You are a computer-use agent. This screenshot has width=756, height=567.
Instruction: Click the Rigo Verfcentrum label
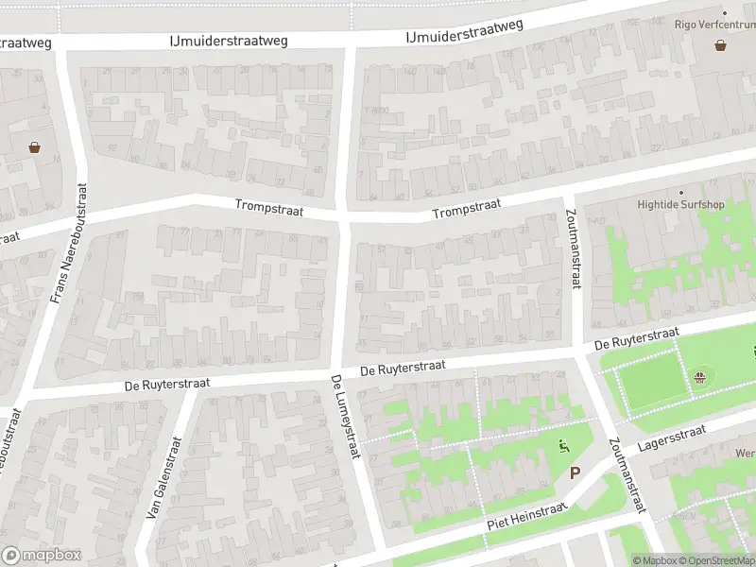(x=714, y=25)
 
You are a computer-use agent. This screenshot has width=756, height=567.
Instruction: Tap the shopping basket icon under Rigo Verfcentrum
(x=721, y=44)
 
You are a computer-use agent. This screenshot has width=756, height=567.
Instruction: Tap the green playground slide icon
(x=564, y=447)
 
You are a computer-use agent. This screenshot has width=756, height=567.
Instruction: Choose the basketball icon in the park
(x=700, y=380)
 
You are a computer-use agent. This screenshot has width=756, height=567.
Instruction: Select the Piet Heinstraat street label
(x=526, y=517)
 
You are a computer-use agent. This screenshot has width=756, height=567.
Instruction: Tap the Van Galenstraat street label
(x=163, y=477)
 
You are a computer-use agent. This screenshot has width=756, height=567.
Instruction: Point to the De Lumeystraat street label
(x=346, y=417)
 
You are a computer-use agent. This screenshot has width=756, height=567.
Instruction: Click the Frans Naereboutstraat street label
(x=67, y=244)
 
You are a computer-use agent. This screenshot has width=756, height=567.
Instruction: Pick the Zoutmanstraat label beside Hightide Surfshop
(x=571, y=249)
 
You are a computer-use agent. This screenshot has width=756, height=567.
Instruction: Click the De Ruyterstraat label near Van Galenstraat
(x=166, y=384)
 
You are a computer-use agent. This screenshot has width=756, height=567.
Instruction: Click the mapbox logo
(x=42, y=555)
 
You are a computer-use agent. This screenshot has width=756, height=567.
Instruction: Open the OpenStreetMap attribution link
(x=715, y=560)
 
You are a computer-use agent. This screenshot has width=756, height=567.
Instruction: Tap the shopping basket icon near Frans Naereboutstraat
(x=35, y=147)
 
